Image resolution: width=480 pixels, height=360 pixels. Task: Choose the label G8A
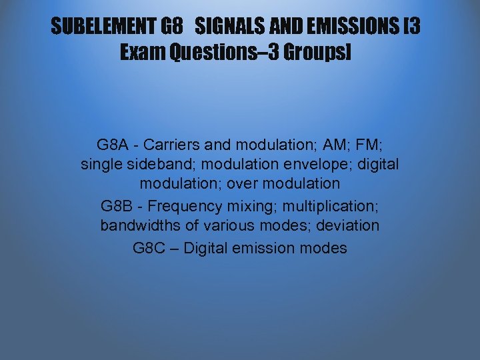click(109, 144)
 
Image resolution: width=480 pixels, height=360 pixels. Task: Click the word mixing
click(245, 205)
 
